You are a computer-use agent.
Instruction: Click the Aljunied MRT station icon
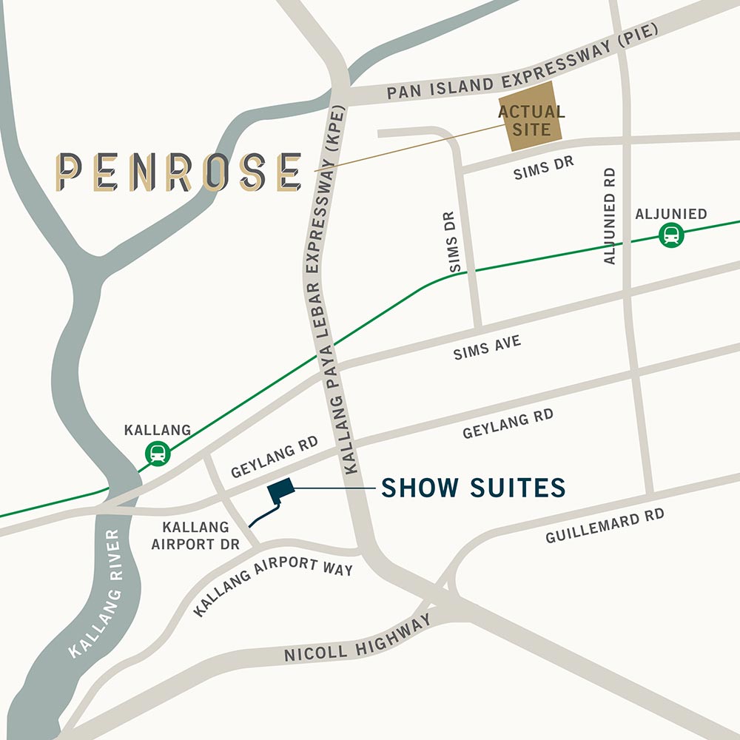pyautogui.click(x=671, y=235)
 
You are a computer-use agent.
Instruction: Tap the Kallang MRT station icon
pyautogui.click(x=158, y=452)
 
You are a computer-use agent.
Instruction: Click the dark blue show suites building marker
pyautogui.click(x=281, y=488)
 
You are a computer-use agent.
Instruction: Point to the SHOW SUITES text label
pyautogui.click(x=473, y=488)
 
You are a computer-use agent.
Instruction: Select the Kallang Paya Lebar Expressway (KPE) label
pyautogui.click(x=331, y=296)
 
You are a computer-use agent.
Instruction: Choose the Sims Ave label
pyautogui.click(x=487, y=347)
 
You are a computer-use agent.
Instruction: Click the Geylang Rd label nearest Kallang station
pyautogui.click(x=274, y=457)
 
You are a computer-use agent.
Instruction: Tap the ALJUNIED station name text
pyautogui.click(x=670, y=214)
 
